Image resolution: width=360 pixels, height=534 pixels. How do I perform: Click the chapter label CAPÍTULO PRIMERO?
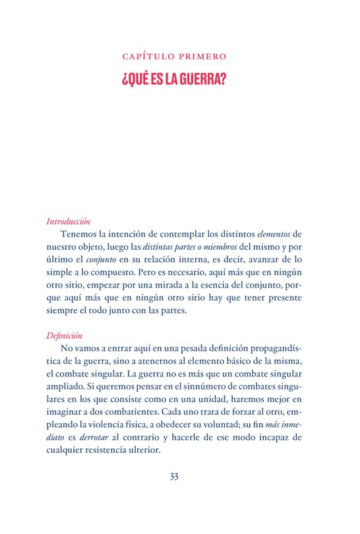tap(179, 57)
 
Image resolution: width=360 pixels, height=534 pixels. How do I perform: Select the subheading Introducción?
tap(69, 222)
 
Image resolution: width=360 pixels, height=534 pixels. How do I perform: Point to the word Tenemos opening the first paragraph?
tap(80, 234)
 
